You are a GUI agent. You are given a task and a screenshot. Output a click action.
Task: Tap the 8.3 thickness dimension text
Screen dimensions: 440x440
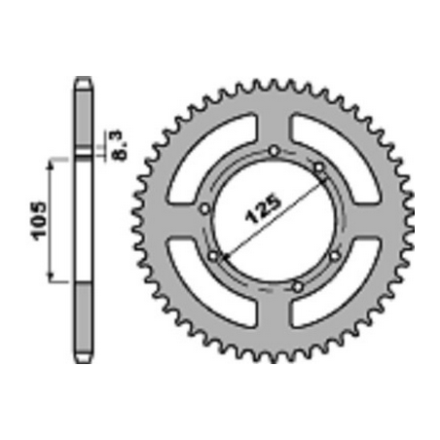click(x=117, y=145)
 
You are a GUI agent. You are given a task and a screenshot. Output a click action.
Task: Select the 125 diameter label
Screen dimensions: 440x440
click(x=263, y=209)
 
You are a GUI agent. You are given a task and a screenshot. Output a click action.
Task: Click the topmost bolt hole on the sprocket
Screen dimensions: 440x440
click(x=275, y=151)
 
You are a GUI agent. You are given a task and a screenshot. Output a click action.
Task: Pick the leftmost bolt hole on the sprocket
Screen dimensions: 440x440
click(x=205, y=208)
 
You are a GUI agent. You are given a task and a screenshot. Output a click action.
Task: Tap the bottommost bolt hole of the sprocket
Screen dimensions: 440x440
click(x=298, y=287)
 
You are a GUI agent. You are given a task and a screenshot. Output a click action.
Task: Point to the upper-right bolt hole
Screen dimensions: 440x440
click(x=319, y=167)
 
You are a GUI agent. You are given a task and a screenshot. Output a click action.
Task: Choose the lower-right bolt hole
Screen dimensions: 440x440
click(x=335, y=256)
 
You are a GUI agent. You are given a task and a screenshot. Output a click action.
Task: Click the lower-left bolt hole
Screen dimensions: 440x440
click(x=213, y=256)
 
